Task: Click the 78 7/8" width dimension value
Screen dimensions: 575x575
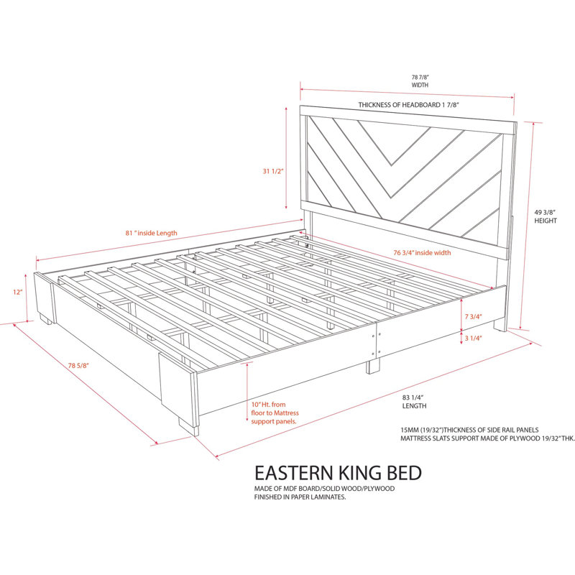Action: pos(420,78)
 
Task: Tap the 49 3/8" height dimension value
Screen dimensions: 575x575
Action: pos(545,212)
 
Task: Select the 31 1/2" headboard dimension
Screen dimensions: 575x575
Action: pos(273,171)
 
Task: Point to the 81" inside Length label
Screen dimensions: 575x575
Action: pos(151,233)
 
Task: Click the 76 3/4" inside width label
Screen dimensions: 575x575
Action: pos(422,253)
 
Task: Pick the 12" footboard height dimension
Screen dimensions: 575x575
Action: pos(17,292)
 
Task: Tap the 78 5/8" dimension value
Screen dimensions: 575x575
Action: pos(78,365)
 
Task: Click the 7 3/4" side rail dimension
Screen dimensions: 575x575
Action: pos(473,316)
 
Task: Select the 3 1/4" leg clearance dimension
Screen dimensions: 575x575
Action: pos(473,338)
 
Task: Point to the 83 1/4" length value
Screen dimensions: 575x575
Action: pos(413,397)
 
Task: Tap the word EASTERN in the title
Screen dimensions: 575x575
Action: pos(295,473)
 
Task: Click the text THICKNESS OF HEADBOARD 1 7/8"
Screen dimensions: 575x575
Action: pos(408,105)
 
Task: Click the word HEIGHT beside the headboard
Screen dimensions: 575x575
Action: pos(546,221)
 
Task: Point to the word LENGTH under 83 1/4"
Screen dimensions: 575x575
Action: pos(415,406)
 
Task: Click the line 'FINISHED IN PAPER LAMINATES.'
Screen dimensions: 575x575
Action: pos(300,497)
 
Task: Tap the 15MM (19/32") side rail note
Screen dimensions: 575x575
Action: pos(469,430)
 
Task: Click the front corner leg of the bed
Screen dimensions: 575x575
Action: pos(188,426)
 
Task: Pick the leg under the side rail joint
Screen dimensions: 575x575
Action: pos(373,366)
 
